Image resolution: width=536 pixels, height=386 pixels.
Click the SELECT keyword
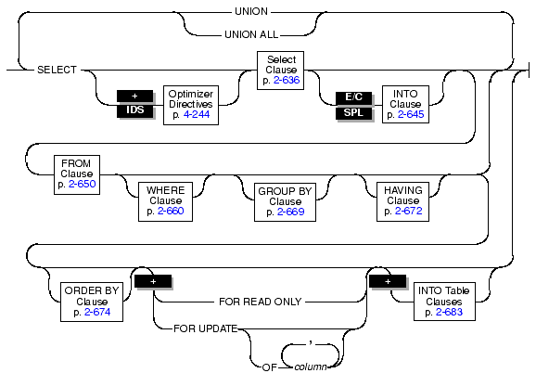click(x=57, y=70)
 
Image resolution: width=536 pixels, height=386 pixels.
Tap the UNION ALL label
click(x=251, y=34)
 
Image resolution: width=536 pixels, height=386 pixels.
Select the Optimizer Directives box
click(x=191, y=105)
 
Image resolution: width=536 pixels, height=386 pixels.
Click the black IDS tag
click(x=135, y=109)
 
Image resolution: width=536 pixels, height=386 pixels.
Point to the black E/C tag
click(x=353, y=97)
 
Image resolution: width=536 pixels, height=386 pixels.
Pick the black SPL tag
click(x=353, y=112)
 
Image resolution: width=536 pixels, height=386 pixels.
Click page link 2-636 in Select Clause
click(x=287, y=80)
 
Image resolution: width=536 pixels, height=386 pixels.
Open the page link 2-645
click(x=411, y=114)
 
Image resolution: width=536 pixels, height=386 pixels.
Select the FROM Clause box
click(x=77, y=174)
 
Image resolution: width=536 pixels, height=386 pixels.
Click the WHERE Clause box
click(x=165, y=201)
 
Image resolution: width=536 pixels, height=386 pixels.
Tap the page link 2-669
click(x=290, y=212)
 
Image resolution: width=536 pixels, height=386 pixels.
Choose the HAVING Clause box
click(x=402, y=201)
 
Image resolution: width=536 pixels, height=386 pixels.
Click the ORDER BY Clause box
click(x=92, y=302)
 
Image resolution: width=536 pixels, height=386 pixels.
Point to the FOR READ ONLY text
click(x=261, y=302)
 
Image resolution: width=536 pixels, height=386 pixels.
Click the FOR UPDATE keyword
click(x=206, y=328)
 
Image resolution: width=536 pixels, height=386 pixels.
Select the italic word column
click(x=311, y=367)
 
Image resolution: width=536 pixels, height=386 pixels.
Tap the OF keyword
click(x=269, y=367)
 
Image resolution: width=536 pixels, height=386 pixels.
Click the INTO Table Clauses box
click(x=444, y=302)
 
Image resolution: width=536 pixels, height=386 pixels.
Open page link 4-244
click(x=197, y=114)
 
